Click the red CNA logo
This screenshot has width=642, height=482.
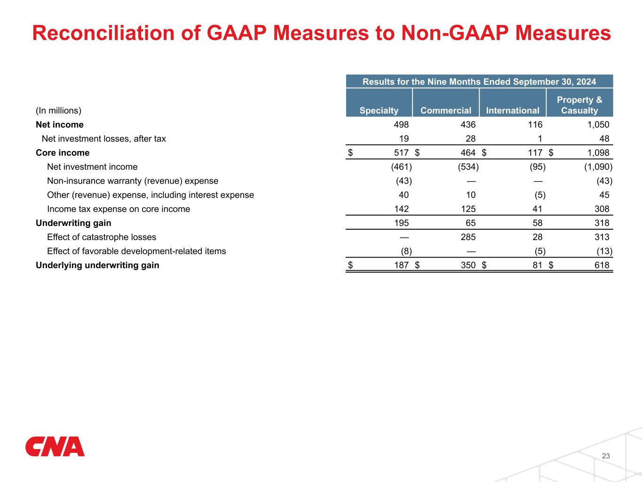(x=55, y=447)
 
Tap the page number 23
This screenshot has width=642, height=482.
(x=606, y=456)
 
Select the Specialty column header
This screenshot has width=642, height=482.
(x=379, y=111)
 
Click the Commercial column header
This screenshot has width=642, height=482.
(x=445, y=111)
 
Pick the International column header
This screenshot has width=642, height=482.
(x=512, y=111)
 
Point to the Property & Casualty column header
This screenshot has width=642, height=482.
(x=579, y=105)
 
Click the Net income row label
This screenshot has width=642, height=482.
(x=60, y=125)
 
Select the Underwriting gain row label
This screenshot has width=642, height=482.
(x=73, y=223)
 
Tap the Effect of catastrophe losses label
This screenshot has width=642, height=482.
(x=102, y=237)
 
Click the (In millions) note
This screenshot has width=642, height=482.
(x=59, y=111)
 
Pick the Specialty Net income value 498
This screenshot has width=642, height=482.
(x=401, y=125)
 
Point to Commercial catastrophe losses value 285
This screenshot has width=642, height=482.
(x=468, y=237)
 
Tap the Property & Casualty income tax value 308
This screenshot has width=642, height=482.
(x=602, y=209)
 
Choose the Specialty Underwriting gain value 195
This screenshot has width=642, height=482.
(x=401, y=223)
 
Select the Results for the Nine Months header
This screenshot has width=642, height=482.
(x=479, y=81)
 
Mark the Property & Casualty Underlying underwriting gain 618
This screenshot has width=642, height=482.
(x=602, y=265)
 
